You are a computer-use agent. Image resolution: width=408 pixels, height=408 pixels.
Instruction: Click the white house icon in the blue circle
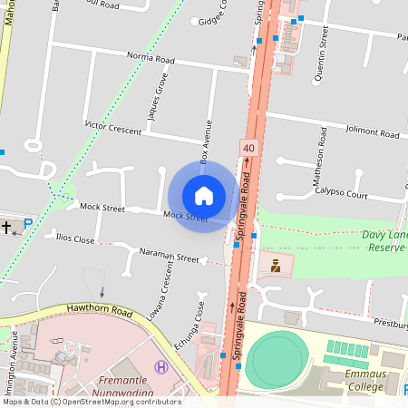click(x=204, y=196)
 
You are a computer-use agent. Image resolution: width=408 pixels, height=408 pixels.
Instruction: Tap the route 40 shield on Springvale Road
click(x=248, y=147)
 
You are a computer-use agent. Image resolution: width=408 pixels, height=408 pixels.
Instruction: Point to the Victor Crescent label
click(x=112, y=126)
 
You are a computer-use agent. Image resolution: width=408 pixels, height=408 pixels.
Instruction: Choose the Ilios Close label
click(x=75, y=239)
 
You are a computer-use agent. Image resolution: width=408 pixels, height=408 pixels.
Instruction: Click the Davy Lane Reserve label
click(x=384, y=240)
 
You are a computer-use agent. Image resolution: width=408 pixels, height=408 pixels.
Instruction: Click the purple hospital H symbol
click(x=161, y=367)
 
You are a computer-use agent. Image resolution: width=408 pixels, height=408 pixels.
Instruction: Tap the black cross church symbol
click(x=8, y=226)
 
